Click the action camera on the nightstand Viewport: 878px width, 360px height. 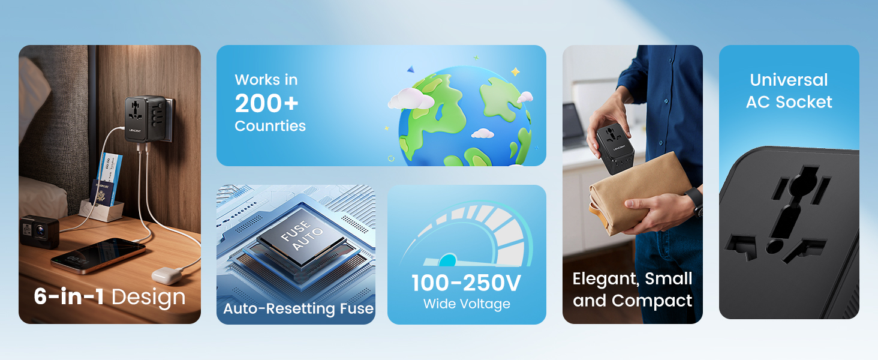(39, 232)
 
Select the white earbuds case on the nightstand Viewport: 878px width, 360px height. (167, 275)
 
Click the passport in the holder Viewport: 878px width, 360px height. (101, 194)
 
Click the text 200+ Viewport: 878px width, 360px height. (266, 104)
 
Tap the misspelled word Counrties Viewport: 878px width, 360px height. (270, 126)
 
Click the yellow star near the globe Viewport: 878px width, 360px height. (515, 72)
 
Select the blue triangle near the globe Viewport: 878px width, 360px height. (410, 70)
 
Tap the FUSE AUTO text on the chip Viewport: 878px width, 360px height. (302, 235)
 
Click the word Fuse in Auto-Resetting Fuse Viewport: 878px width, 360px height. (357, 308)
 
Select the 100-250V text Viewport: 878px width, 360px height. (467, 283)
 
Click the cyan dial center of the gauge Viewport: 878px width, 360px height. (448, 260)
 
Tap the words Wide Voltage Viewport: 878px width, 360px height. (467, 304)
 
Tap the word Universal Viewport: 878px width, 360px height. (789, 80)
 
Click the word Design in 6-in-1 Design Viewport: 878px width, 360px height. (149, 298)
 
